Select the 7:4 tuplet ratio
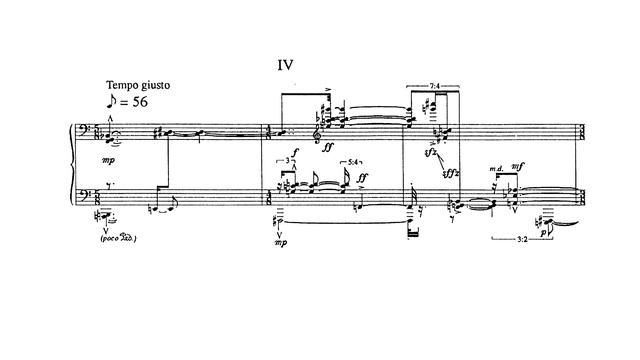tap(433, 87)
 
